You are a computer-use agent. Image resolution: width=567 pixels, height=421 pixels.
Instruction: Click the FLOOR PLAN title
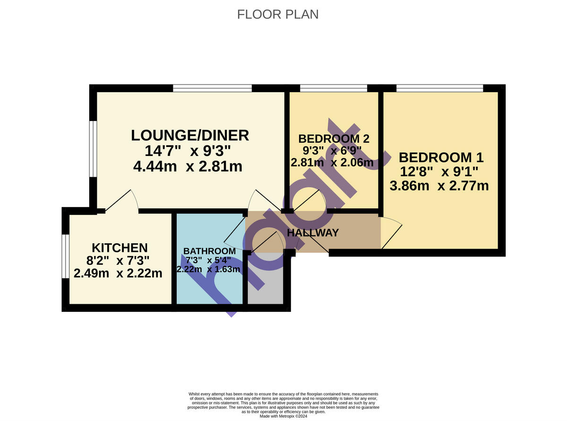pos(277,15)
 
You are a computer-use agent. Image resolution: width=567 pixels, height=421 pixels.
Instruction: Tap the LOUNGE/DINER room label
pos(189,135)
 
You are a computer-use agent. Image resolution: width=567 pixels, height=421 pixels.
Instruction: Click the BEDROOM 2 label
pos(334,139)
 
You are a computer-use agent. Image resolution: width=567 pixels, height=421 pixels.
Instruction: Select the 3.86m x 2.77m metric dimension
pos(439,186)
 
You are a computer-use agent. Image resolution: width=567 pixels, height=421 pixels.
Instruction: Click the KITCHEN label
pos(120,248)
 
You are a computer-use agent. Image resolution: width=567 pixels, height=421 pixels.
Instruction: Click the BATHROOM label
pos(209,251)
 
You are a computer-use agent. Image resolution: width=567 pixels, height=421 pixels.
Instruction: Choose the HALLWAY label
pos(313,232)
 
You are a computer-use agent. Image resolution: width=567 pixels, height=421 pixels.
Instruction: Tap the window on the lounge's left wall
pos(94,148)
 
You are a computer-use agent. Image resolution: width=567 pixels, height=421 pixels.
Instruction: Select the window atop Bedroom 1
pos(439,88)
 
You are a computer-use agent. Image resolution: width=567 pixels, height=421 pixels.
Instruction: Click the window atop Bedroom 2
pos(334,88)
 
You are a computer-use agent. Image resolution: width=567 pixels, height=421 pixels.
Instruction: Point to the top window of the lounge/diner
pos(212,88)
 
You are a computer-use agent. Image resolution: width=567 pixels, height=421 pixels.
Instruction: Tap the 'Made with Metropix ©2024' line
pos(283,416)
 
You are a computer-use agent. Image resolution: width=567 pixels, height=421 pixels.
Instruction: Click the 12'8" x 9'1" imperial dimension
pos(439,172)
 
